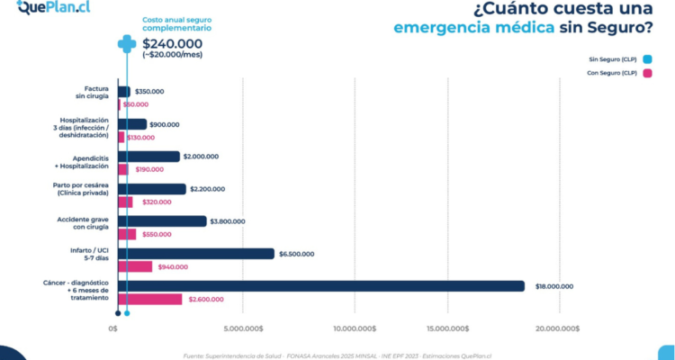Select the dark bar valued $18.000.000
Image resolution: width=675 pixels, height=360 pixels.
[x=320, y=286]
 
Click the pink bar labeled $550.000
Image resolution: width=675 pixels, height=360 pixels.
[x=127, y=234]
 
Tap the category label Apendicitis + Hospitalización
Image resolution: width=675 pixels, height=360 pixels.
[x=84, y=162]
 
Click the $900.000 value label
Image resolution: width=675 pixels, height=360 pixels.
[x=165, y=124]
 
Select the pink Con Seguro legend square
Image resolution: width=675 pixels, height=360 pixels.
[x=647, y=73]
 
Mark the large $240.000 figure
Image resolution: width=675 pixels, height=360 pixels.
[x=172, y=42]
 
